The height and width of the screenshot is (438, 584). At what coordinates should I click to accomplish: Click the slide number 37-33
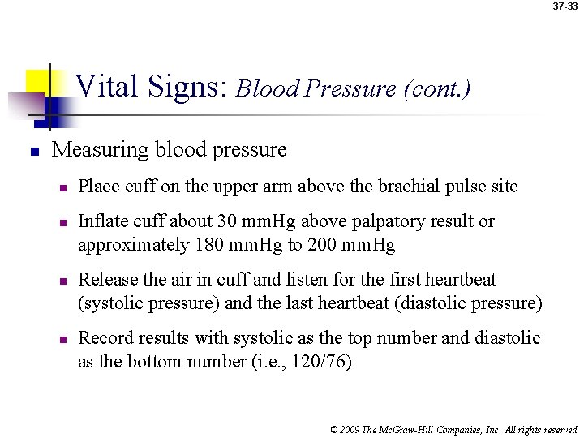click(565, 6)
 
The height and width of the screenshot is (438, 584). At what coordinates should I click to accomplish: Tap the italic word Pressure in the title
click(355, 88)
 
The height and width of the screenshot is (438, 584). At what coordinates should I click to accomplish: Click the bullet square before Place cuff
click(60, 187)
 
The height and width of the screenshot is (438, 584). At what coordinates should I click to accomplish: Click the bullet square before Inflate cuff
click(60, 222)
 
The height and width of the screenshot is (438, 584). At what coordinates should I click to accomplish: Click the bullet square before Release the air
click(60, 281)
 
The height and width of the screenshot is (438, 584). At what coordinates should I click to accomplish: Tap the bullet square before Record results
click(60, 339)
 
